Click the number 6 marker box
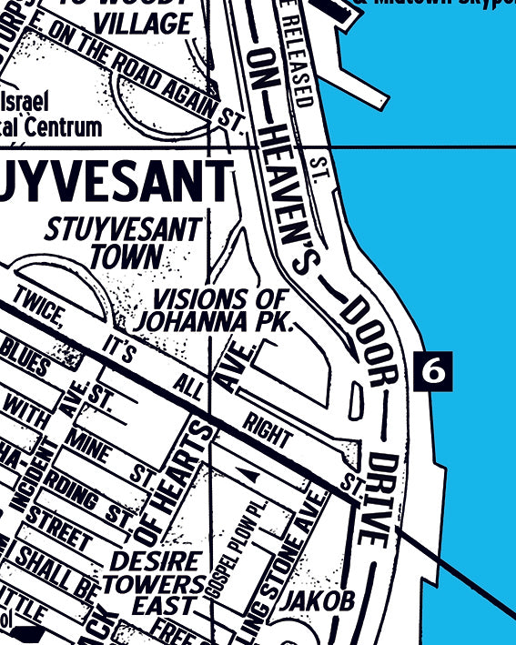[433, 370]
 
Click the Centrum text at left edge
[55, 126]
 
